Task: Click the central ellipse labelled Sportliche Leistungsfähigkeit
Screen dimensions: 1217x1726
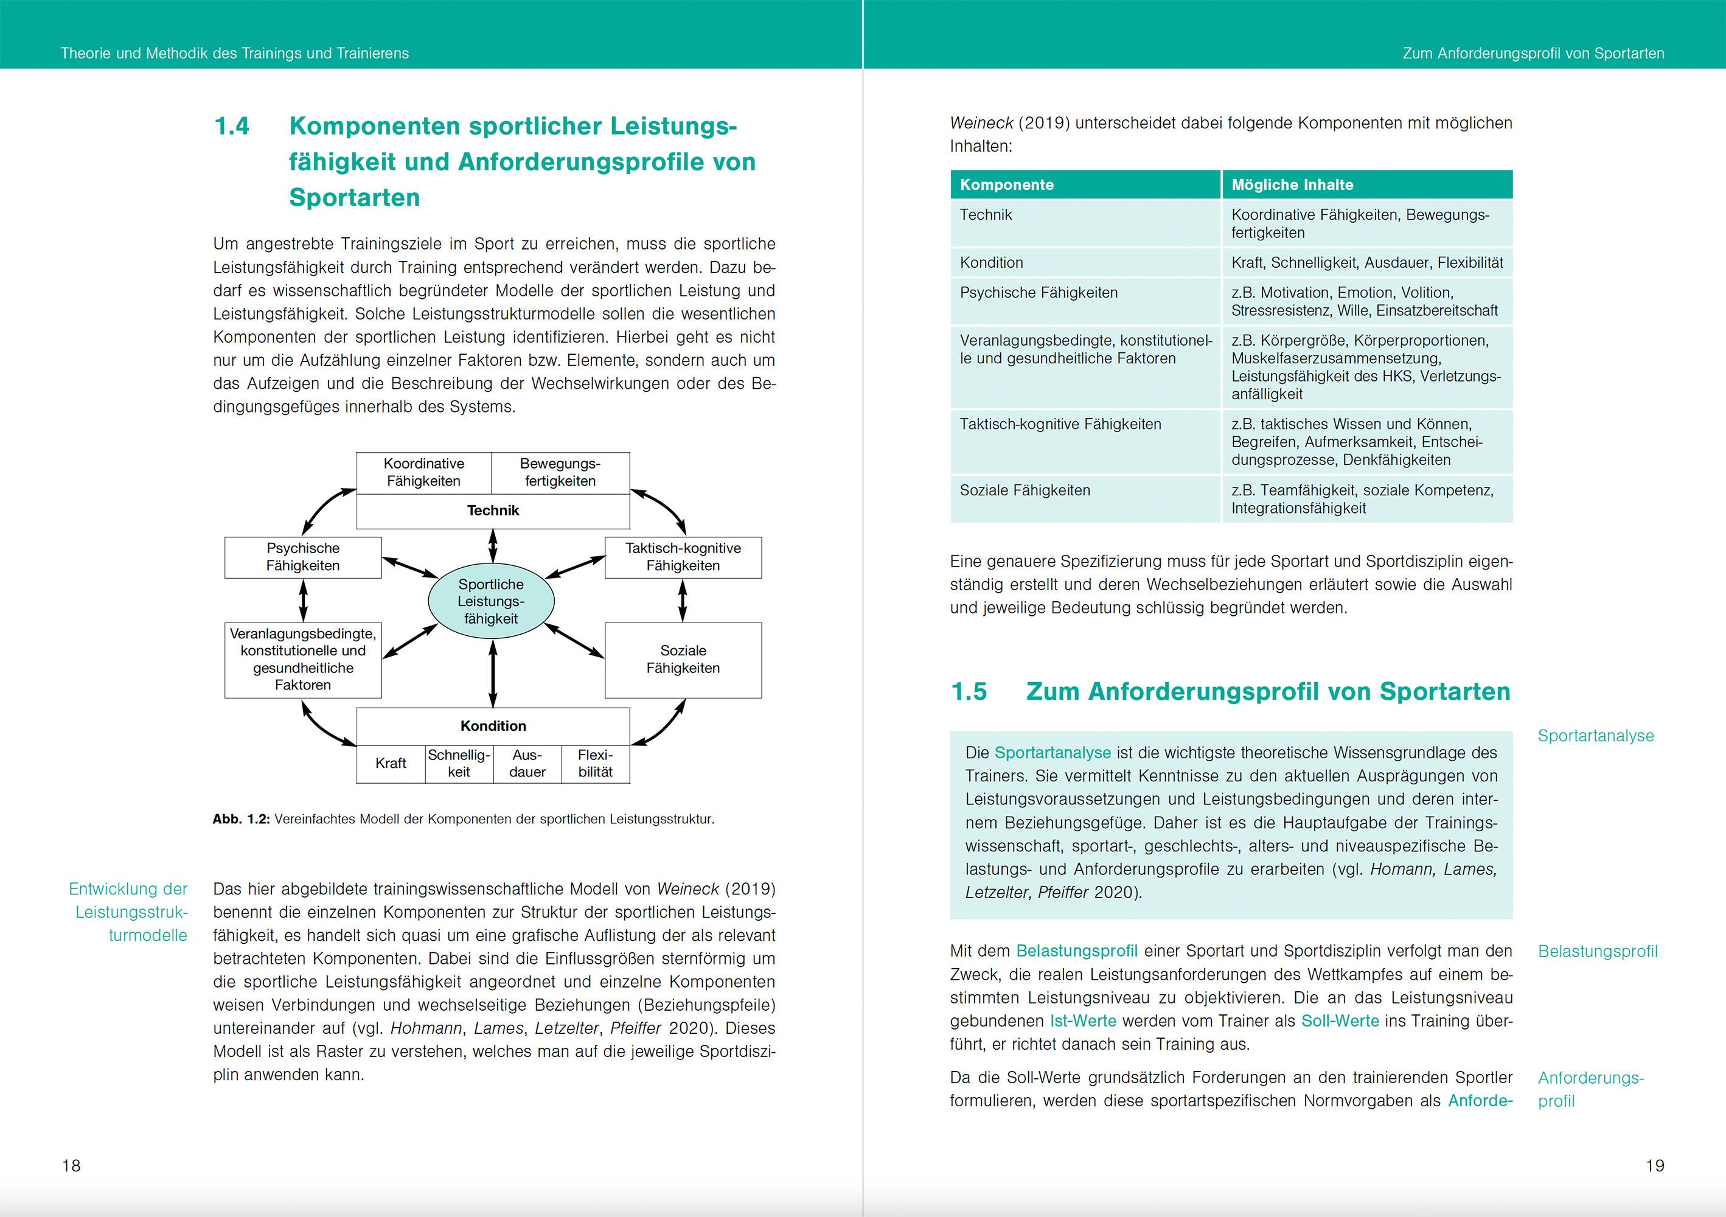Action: [491, 601]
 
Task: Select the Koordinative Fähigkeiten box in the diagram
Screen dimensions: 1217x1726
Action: [424, 473]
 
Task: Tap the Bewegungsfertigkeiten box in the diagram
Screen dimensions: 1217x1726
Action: [560, 473]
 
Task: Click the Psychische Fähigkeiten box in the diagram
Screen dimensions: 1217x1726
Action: [303, 557]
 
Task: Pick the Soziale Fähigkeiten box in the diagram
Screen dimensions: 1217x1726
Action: [683, 659]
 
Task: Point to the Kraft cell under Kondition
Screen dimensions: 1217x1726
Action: [391, 763]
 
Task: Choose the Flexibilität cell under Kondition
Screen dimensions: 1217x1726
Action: [596, 763]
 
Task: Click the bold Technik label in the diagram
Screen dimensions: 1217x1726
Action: [493, 511]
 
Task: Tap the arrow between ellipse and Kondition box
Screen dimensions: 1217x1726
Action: [493, 674]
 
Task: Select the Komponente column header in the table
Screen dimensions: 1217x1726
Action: [1007, 185]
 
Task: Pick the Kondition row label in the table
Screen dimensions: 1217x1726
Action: [992, 262]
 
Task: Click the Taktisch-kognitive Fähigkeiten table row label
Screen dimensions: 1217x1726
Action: [1060, 424]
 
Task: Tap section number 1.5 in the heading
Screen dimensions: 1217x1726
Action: [969, 692]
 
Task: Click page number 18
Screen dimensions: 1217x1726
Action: [71, 1165]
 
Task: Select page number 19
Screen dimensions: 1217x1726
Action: [1655, 1165]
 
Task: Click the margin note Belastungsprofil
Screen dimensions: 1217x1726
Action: [1598, 951]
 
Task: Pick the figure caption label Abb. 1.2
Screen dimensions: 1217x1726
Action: [240, 820]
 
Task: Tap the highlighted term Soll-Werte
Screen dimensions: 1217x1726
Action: [1340, 1021]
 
